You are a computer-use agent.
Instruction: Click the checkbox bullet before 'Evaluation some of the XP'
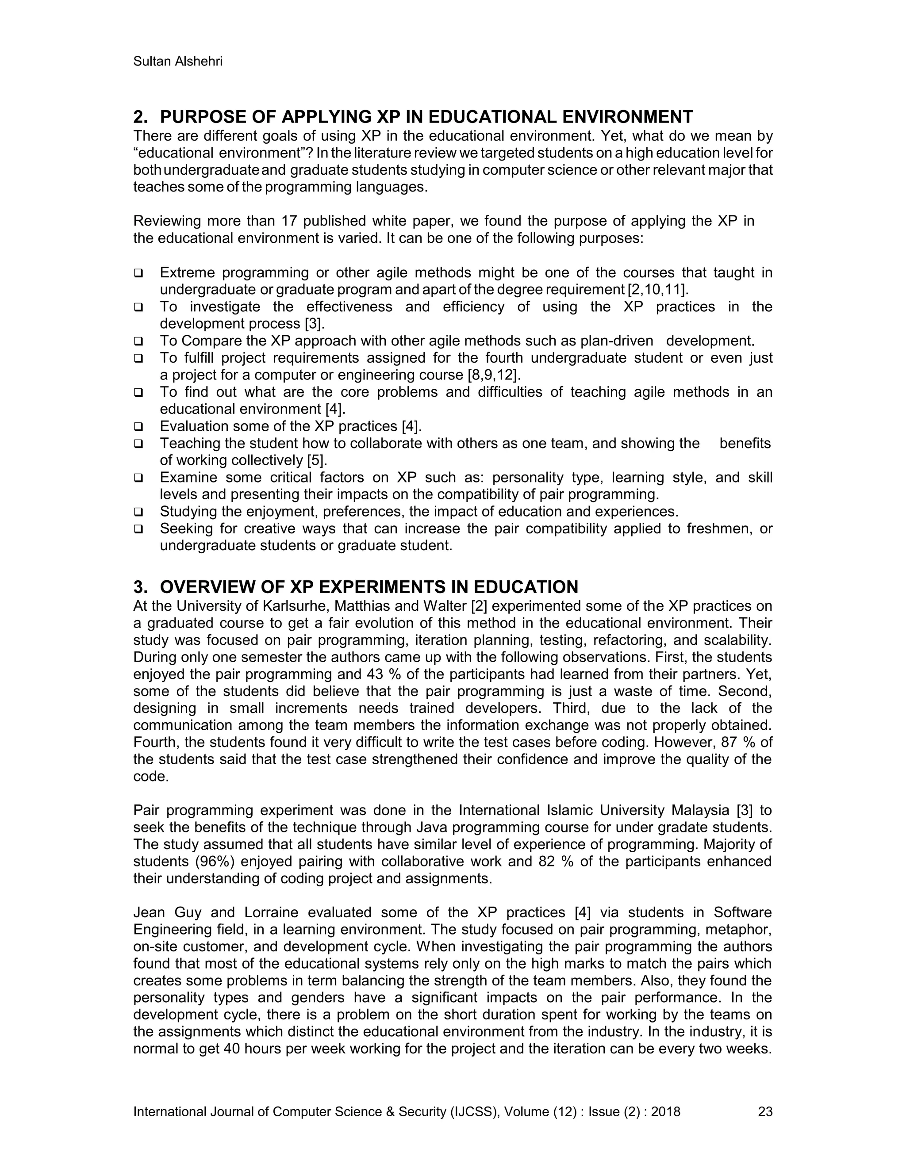pos(138,427)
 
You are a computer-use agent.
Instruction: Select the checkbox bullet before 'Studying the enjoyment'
pos(138,513)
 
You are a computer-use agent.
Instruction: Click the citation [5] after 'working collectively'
pos(317,460)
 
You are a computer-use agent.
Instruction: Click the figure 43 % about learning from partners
pos(378,674)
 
